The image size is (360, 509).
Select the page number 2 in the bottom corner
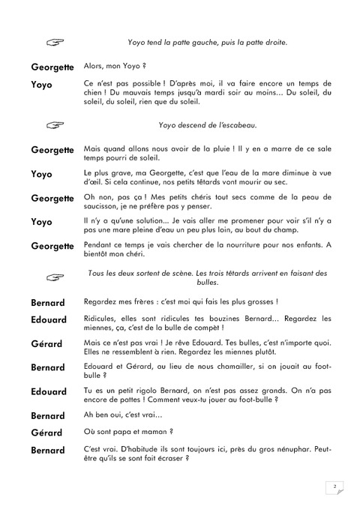tap(334, 487)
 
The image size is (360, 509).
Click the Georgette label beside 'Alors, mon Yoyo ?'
tap(52, 67)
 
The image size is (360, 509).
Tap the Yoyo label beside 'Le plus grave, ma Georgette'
tap(41, 174)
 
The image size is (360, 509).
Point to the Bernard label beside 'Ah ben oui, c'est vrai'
tap(49, 415)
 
